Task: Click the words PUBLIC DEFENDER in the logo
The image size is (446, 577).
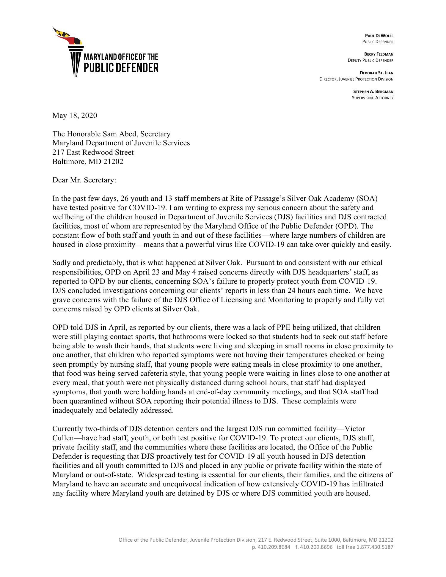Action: (x=121, y=68)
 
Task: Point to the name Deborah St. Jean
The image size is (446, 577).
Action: (x=376, y=73)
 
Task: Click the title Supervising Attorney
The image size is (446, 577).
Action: (x=373, y=98)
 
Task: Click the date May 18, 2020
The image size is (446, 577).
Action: (x=75, y=116)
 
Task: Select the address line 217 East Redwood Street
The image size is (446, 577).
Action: (x=93, y=152)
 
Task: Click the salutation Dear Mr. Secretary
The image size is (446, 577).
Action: (x=84, y=180)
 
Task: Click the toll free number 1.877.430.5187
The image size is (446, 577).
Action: (x=375, y=547)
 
